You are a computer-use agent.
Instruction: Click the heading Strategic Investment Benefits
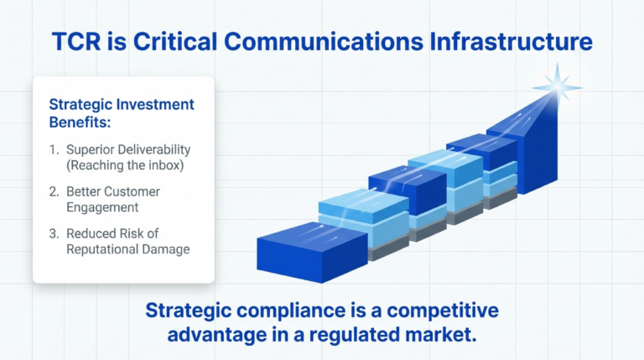pos(122,112)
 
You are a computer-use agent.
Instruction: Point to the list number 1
pos(55,150)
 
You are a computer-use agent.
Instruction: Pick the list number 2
pos(55,192)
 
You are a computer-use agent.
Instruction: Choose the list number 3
pos(55,233)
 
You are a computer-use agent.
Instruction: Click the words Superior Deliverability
pos(131,150)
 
